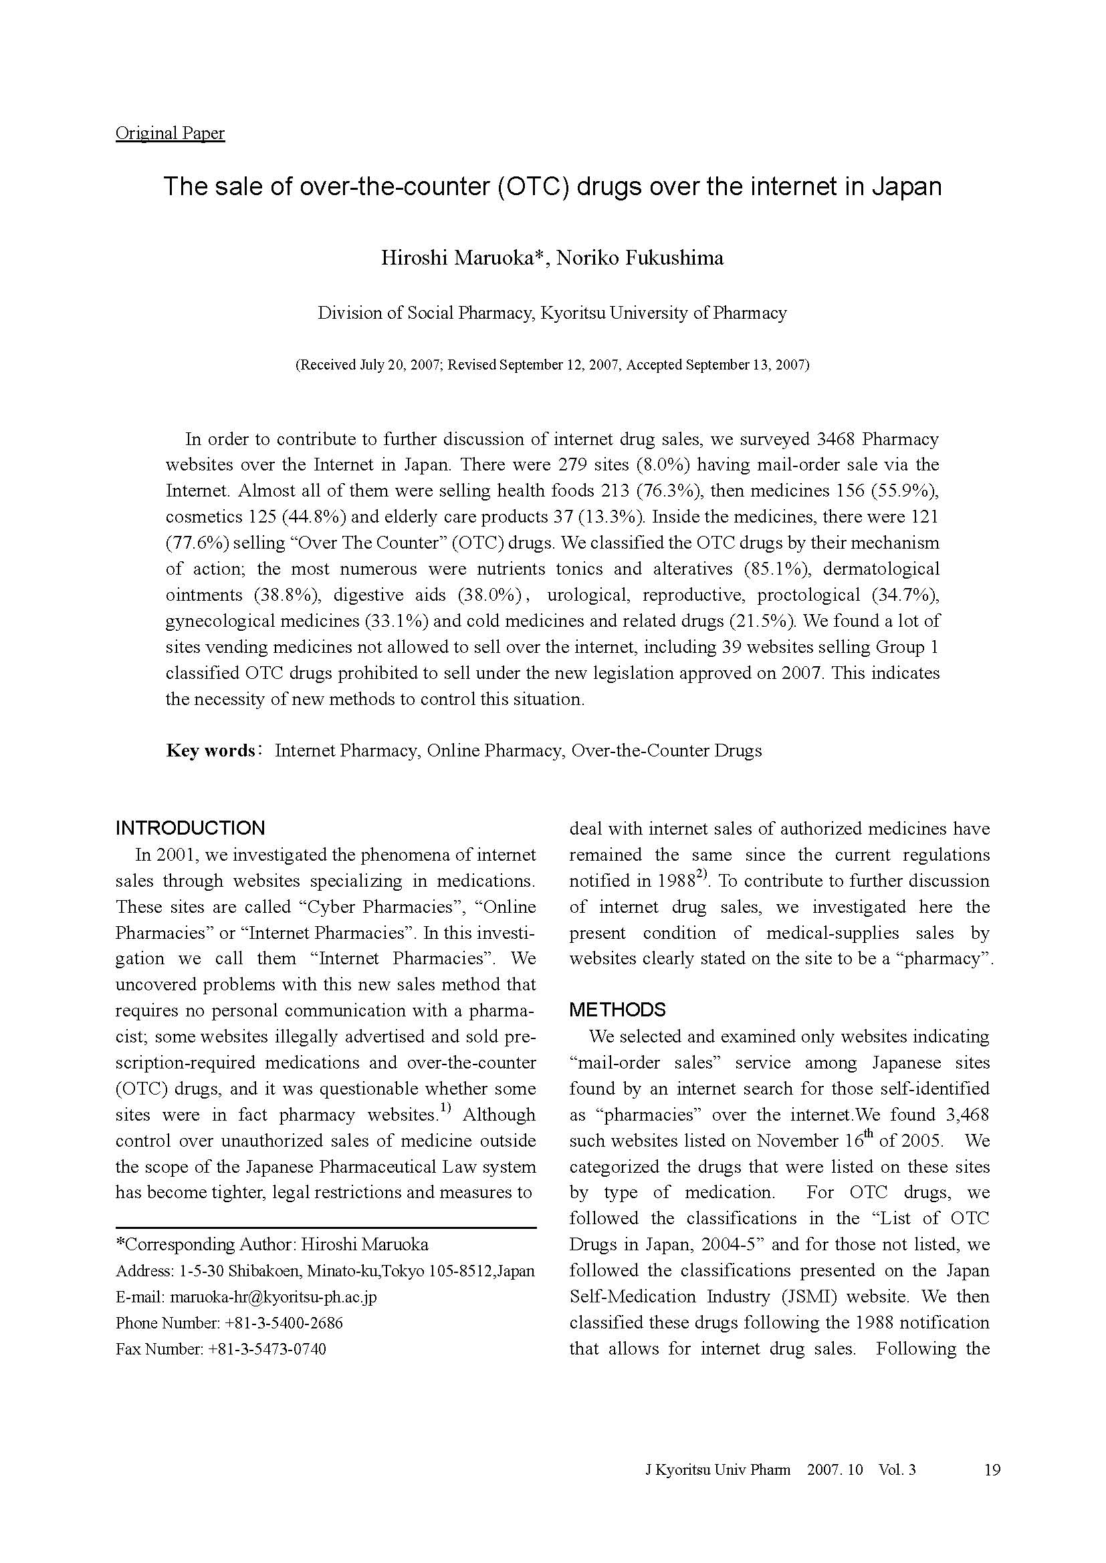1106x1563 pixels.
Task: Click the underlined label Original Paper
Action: click(x=170, y=134)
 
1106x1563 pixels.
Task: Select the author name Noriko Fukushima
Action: click(x=640, y=259)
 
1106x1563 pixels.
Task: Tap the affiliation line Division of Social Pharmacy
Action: click(x=427, y=313)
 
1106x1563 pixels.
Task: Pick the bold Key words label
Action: click(x=210, y=751)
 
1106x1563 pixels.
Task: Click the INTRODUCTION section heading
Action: click(x=190, y=829)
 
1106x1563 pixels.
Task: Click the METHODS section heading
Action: click(x=617, y=1010)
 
